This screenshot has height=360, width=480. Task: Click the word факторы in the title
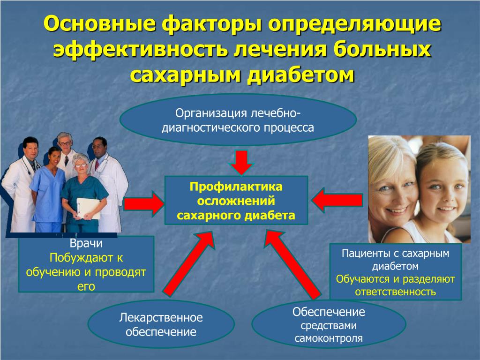(x=212, y=23)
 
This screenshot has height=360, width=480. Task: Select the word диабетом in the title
(x=300, y=75)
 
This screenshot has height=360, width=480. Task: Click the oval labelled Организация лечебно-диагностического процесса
(x=238, y=120)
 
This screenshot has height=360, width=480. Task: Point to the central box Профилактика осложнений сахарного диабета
(x=236, y=201)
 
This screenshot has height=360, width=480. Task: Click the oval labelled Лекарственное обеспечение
(x=161, y=324)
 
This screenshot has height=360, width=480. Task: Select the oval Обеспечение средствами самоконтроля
(x=329, y=325)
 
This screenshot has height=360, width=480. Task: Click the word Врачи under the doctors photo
(x=86, y=243)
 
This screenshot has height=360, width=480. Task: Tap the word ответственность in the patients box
(x=395, y=292)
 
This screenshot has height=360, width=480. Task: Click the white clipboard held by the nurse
(x=88, y=208)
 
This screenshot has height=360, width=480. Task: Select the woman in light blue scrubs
(x=47, y=190)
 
